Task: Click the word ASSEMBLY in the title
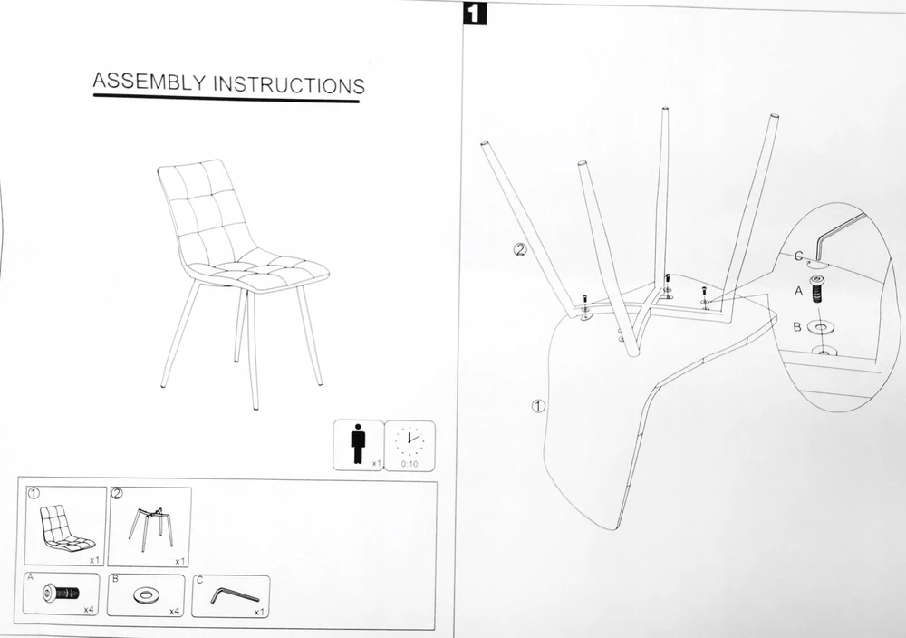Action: tap(149, 82)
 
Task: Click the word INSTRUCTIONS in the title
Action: tap(289, 84)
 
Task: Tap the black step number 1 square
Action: tap(475, 14)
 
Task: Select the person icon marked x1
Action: tap(358, 444)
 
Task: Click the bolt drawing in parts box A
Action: tap(62, 593)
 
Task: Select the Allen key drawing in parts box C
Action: tap(234, 595)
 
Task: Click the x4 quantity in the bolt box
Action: tap(89, 609)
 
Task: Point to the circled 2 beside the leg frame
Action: tap(521, 249)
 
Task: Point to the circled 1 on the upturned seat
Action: tap(538, 406)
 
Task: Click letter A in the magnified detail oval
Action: tap(798, 291)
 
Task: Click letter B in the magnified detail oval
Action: tap(796, 327)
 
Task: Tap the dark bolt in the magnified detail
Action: tap(817, 289)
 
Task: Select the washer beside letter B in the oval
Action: tap(821, 328)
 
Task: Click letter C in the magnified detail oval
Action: tap(798, 256)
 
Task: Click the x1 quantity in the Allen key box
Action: tap(259, 612)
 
